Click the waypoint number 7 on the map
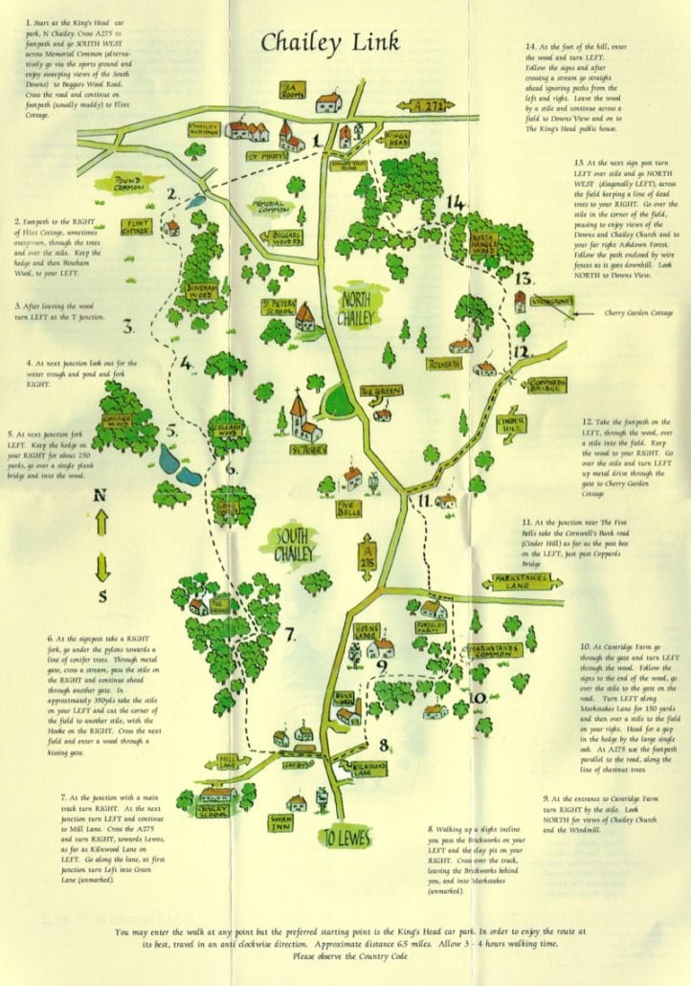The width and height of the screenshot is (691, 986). (288, 633)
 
